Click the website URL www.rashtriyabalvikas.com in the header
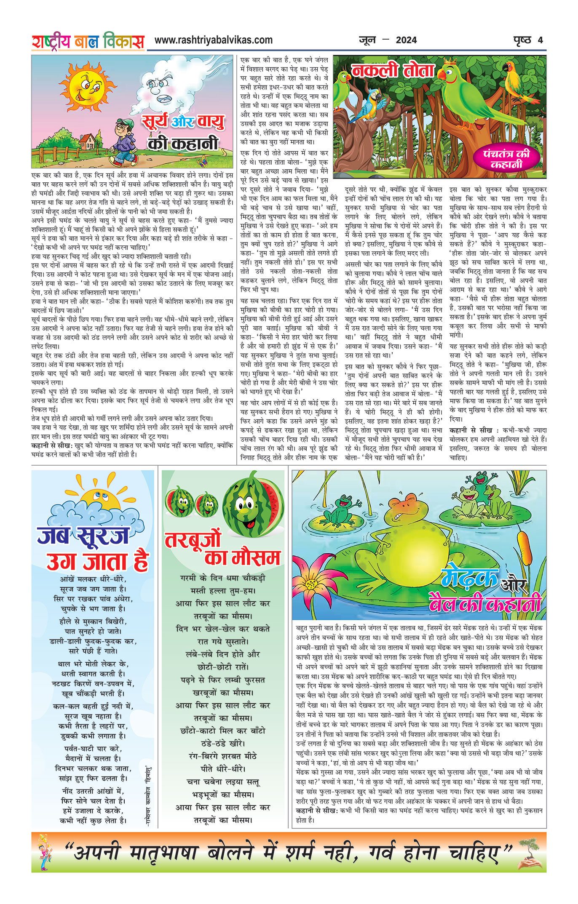214,40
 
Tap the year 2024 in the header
406,40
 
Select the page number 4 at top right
540,40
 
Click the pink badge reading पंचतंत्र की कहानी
506,159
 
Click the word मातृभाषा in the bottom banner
163,854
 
